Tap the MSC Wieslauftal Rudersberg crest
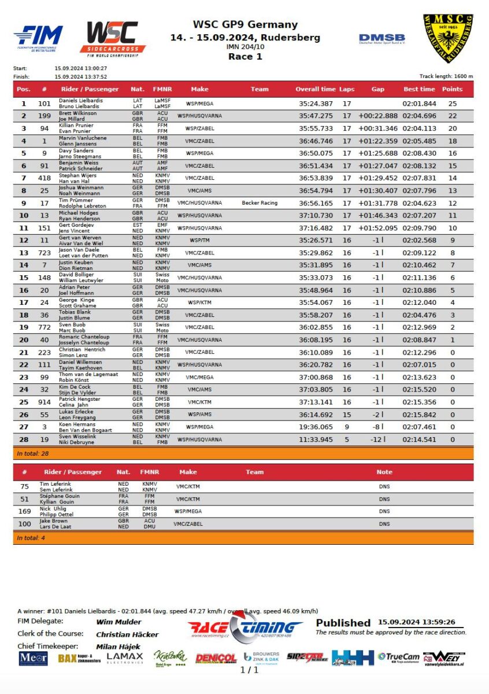[x=447, y=38]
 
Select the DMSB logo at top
[x=381, y=39]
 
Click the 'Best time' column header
[x=419, y=89]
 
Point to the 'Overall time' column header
[x=315, y=89]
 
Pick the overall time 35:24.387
[x=316, y=104]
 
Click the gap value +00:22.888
[x=378, y=116]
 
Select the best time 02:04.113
[x=419, y=128]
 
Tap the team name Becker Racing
[x=260, y=203]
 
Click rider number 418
[x=45, y=178]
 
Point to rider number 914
[x=45, y=402]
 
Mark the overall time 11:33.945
[x=316, y=440]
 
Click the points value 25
[x=453, y=104]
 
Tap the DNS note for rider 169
[x=384, y=511]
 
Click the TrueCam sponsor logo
[x=398, y=657]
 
